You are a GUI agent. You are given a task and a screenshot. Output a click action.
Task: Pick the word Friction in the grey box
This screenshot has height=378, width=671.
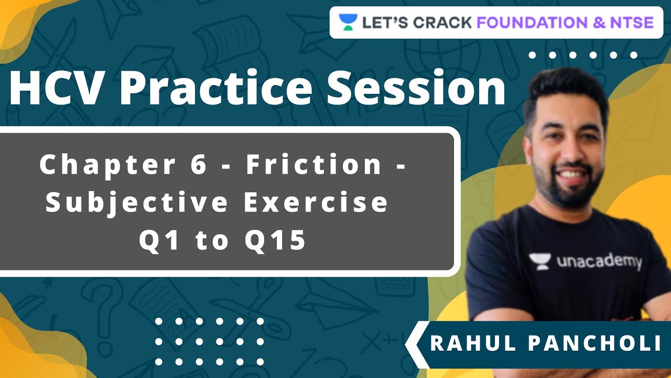314,165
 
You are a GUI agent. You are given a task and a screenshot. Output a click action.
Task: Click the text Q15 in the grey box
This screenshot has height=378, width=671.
276,240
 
